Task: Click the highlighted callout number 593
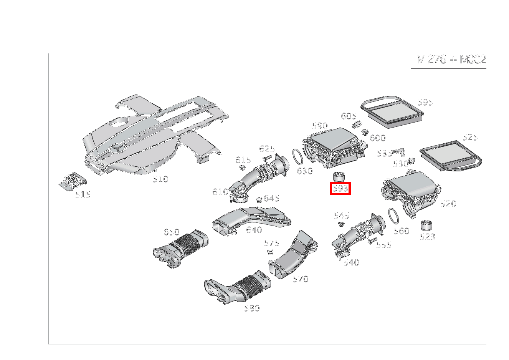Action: [x=340, y=189]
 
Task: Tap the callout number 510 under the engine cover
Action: [x=160, y=179]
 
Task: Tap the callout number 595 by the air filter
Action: [x=425, y=102]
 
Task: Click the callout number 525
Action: [x=470, y=137]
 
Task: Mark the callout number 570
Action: [x=300, y=279]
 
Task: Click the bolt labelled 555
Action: [x=372, y=241]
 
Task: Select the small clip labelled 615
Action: [x=242, y=168]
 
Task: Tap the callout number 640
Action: [x=254, y=230]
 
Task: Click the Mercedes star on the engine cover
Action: [x=117, y=149]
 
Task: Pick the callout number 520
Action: [x=448, y=204]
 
